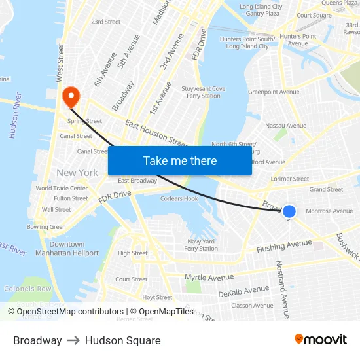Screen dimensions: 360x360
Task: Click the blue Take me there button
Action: [180, 160]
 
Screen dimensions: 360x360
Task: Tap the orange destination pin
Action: [70, 98]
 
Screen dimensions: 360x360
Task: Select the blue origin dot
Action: [289, 211]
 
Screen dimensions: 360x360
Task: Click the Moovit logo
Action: [320, 340]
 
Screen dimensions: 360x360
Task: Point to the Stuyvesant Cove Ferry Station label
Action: [203, 92]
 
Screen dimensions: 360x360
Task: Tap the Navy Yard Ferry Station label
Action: [201, 245]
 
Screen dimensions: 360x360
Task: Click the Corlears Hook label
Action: [179, 198]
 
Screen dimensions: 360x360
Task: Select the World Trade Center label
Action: [62, 189]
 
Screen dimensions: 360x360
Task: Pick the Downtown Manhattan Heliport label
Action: [67, 249]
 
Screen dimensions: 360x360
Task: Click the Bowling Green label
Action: [46, 227]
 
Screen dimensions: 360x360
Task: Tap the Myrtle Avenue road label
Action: [209, 278]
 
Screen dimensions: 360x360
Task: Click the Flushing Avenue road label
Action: [284, 246]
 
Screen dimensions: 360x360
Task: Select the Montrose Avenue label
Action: [329, 211]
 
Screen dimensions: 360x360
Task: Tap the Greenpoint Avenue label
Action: [274, 92]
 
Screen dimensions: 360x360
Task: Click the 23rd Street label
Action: [105, 22]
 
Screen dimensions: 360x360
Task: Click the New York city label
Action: [77, 173]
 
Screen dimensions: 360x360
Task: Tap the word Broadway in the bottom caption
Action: [37, 340]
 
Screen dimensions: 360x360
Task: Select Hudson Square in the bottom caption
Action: [122, 340]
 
